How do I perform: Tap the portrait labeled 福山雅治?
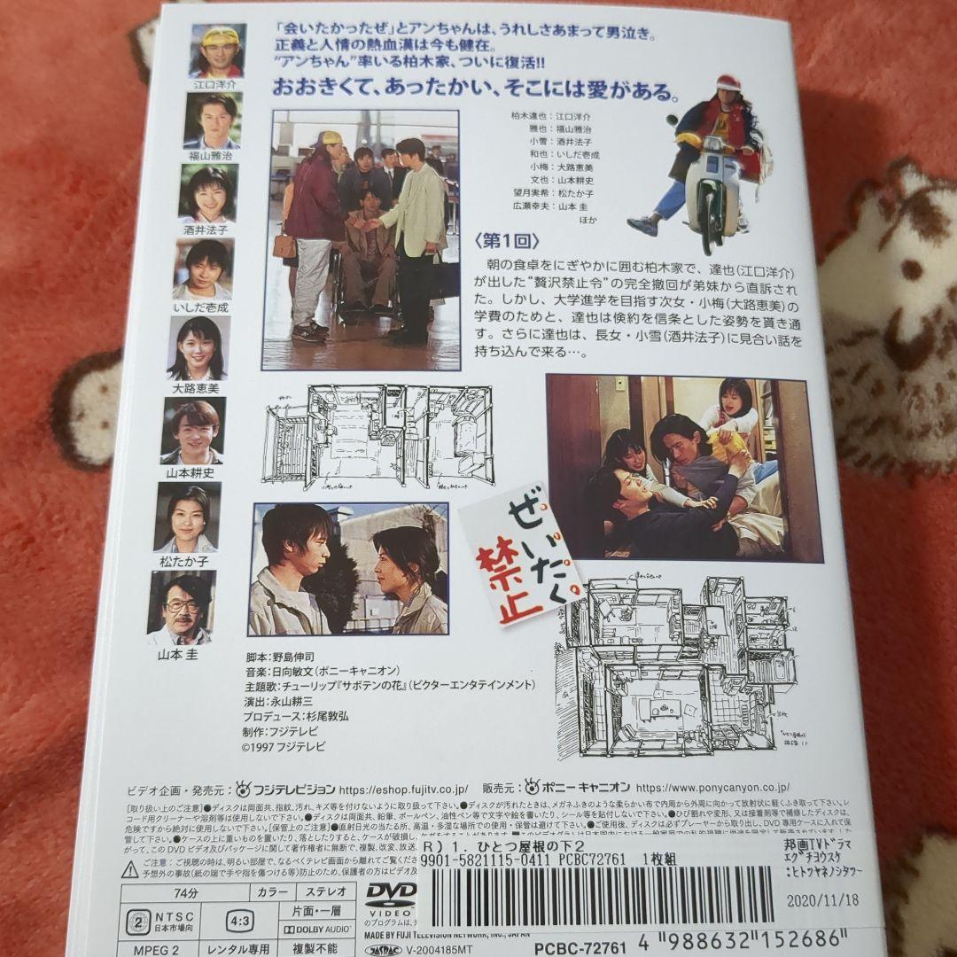point(213,120)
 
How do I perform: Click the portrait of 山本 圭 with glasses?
point(182,607)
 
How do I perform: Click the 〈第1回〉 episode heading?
point(507,241)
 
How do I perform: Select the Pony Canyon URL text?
point(712,786)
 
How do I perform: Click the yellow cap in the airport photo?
point(329,138)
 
